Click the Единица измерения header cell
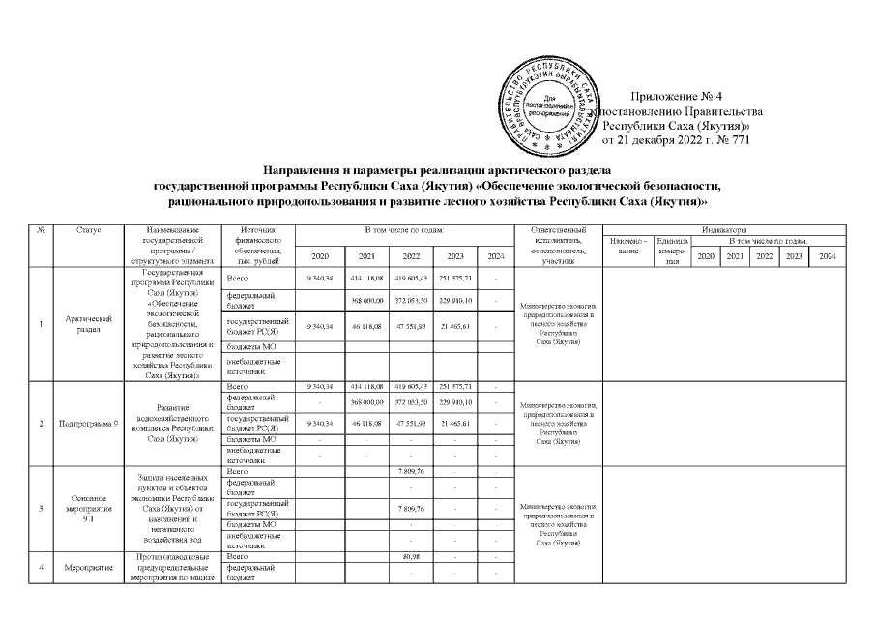click(x=672, y=250)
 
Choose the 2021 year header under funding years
click(x=366, y=256)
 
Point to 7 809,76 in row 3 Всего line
click(x=412, y=470)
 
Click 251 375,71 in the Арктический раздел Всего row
click(x=454, y=278)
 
